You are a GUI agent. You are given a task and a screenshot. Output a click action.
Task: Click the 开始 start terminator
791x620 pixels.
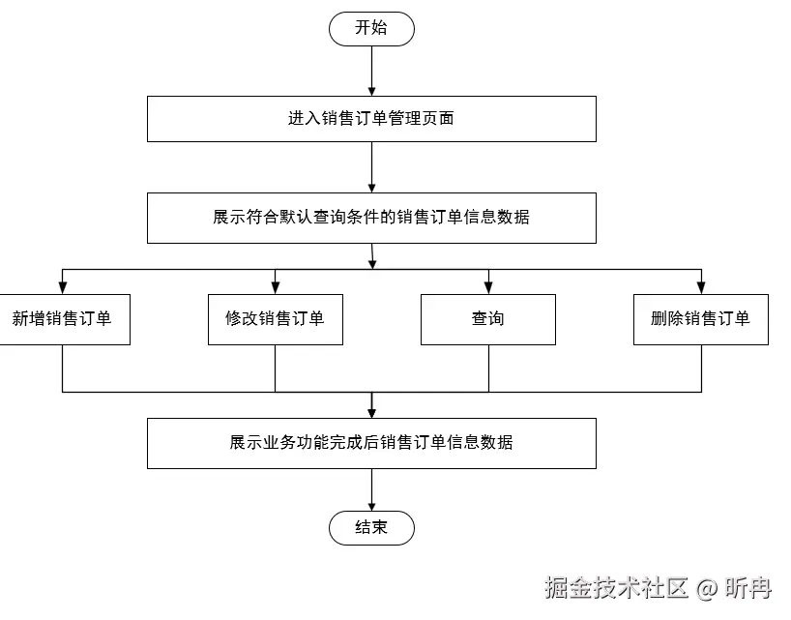coord(371,28)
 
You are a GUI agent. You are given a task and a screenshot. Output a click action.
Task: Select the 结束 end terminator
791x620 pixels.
coord(371,528)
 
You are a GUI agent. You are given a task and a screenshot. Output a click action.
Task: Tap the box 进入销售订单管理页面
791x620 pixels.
coord(371,119)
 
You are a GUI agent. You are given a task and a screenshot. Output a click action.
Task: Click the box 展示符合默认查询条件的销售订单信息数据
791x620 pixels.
coord(371,218)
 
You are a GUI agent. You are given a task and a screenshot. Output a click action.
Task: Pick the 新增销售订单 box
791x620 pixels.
coord(63,319)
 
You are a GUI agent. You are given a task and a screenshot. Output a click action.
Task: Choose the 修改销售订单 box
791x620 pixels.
coord(276,319)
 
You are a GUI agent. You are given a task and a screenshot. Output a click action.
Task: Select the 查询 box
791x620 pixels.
coord(488,319)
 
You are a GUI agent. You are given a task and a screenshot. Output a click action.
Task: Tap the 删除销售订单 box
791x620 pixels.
coord(701,319)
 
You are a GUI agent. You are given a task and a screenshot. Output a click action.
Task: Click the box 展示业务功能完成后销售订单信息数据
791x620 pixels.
coord(371,443)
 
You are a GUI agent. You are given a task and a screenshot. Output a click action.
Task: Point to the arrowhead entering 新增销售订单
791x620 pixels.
coord(63,287)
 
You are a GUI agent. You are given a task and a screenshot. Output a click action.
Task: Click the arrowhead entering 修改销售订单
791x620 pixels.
coord(276,287)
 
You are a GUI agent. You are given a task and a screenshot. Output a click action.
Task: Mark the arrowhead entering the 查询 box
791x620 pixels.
coord(488,287)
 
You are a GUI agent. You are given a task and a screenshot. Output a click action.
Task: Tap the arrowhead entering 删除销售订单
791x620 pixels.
coord(701,287)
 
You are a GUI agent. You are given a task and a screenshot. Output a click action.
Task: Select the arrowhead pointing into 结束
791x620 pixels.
coord(371,505)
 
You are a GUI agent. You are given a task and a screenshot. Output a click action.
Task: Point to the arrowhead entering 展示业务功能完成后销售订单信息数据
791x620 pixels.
coord(371,412)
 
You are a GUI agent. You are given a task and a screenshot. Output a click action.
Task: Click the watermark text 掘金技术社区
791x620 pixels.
coord(616,587)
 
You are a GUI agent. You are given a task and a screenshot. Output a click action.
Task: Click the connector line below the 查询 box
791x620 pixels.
coord(488,368)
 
